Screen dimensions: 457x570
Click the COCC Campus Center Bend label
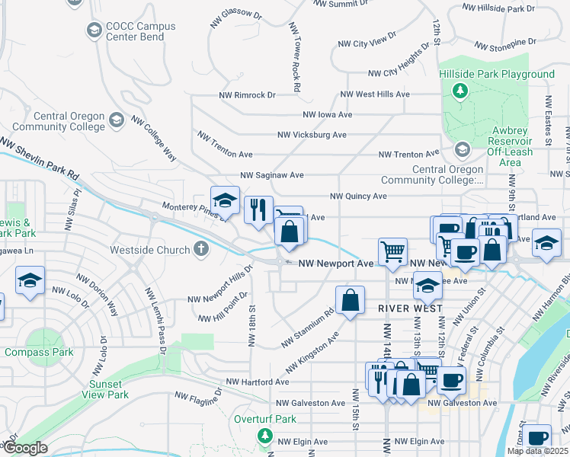click(x=140, y=31)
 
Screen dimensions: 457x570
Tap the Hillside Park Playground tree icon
click(x=460, y=91)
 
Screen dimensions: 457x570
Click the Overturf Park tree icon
click(x=264, y=436)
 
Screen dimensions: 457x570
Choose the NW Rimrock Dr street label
click(x=247, y=95)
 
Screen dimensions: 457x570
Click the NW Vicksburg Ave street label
click(x=312, y=135)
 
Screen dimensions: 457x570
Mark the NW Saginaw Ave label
click(x=271, y=175)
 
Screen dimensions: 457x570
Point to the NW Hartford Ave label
click(x=258, y=382)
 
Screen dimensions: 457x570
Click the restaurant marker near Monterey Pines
click(x=258, y=209)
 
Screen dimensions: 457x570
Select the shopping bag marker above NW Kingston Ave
click(x=350, y=301)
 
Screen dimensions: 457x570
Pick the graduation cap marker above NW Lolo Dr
click(x=30, y=281)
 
